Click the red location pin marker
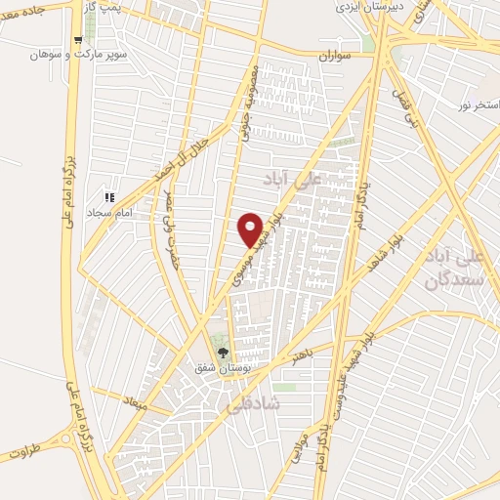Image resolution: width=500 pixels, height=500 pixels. point(251,230)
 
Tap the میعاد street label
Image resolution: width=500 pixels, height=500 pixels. point(134,399)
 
